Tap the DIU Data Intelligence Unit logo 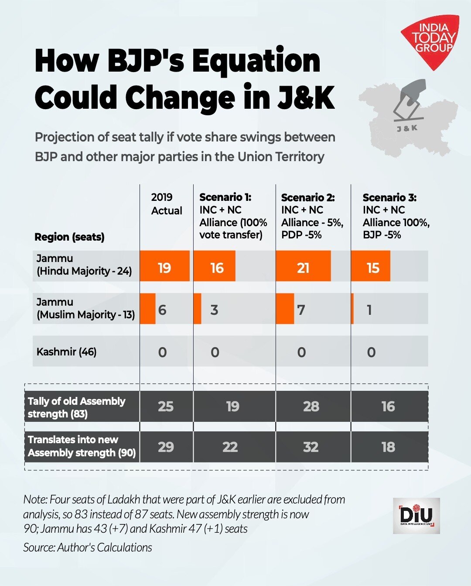416,516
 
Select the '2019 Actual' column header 166,204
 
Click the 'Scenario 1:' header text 225,197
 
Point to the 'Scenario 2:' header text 307,197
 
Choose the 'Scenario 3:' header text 389,197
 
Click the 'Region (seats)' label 69,237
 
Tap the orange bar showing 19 164,266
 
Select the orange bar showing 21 303,266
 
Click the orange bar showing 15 371,266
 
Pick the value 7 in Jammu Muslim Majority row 301,310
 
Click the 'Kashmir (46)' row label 66,352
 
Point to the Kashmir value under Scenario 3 371,352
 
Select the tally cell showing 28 311,407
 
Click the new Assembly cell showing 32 311,447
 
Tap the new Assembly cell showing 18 388,447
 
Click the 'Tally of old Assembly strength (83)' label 76,407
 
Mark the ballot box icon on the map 408,101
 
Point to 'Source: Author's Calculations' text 88,548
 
